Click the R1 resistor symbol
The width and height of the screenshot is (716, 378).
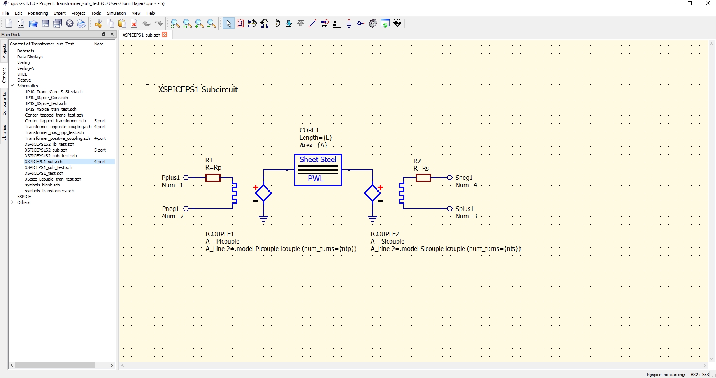213,178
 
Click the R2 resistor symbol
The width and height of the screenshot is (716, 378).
423,178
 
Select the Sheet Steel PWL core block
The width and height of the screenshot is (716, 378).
318,170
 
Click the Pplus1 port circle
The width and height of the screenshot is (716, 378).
186,178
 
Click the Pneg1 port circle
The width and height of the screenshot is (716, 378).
186,209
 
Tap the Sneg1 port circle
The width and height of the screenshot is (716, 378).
450,178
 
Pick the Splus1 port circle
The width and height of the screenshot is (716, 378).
450,209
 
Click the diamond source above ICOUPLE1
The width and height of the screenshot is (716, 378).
263,193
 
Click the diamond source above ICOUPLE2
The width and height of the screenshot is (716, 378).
372,193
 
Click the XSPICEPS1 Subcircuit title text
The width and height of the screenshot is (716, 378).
198,90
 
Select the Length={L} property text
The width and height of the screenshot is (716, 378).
316,138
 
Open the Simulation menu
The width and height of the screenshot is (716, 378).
116,13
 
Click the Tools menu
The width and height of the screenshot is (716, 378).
96,13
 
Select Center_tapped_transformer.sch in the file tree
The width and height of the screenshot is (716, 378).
55,121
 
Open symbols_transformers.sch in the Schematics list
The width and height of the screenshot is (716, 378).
49,191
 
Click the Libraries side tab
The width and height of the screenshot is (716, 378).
4,132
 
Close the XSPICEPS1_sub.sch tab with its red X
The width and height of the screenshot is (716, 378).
165,35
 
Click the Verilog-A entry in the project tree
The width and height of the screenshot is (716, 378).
25,68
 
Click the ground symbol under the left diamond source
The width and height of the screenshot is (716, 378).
263,219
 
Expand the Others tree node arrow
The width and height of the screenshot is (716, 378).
12,202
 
